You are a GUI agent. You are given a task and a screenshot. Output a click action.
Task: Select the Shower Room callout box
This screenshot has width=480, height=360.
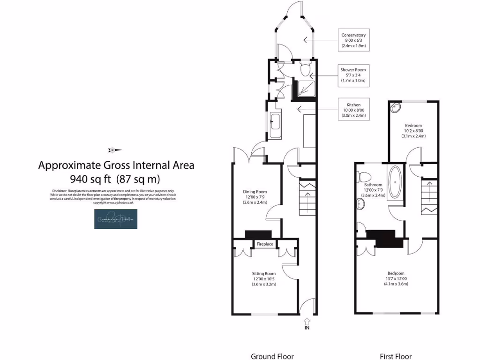coord(353,75)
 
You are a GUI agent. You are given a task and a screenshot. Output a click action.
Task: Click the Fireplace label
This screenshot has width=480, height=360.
coord(265,244)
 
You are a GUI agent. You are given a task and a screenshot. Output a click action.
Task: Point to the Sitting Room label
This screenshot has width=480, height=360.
coord(264,273)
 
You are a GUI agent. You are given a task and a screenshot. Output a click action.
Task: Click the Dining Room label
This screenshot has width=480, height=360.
coord(255,192)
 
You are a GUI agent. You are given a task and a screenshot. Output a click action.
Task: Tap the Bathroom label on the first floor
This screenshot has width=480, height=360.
coord(374,185)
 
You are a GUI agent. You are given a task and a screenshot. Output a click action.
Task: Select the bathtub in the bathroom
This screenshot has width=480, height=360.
coord(396,182)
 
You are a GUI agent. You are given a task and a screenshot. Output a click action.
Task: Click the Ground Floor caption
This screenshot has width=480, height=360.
coord(272,356)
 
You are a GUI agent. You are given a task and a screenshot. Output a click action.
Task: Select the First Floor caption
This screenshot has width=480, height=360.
coord(397,356)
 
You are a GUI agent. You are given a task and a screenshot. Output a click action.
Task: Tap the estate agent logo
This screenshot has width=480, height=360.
coord(116,219)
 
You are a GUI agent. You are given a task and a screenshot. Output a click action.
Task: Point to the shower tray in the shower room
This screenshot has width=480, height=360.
coord(303,89)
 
